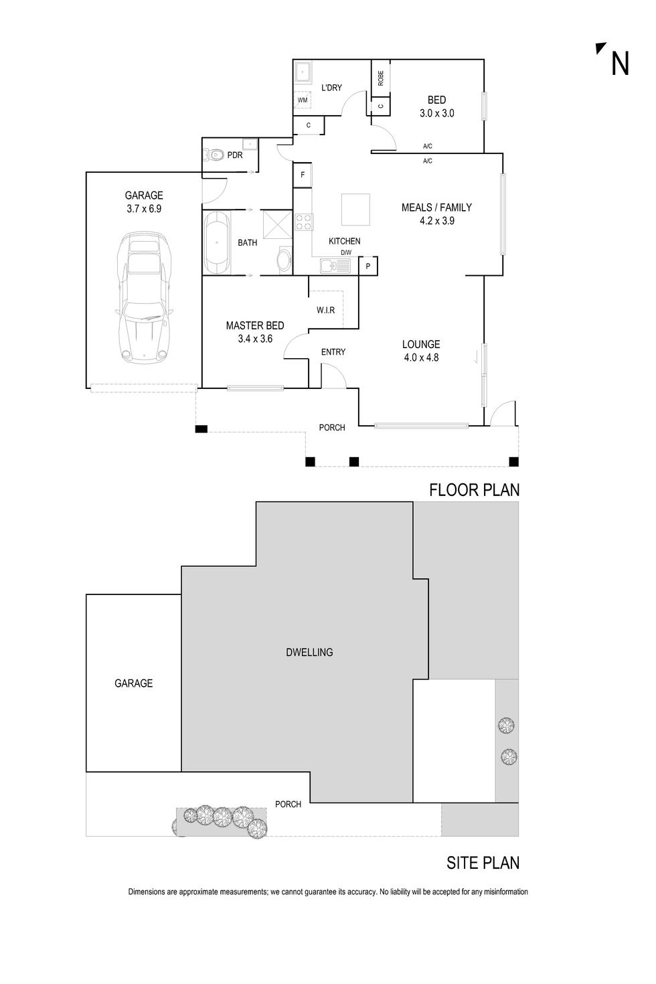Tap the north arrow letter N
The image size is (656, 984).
pyautogui.click(x=620, y=64)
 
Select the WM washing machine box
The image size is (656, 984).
pyautogui.click(x=303, y=100)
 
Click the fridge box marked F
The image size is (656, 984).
pyautogui.click(x=303, y=175)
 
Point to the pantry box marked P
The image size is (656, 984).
pyautogui.click(x=368, y=266)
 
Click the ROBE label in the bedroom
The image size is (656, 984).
pyautogui.click(x=381, y=78)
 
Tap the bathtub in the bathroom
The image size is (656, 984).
pyautogui.click(x=218, y=242)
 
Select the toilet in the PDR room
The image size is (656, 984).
pyautogui.click(x=215, y=155)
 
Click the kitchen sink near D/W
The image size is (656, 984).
pyautogui.click(x=335, y=266)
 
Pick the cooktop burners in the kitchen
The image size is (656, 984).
pyautogui.click(x=303, y=222)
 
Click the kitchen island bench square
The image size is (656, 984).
pyautogui.click(x=355, y=210)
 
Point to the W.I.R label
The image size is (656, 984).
pyautogui.click(x=326, y=311)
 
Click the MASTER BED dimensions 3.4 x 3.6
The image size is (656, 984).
pyautogui.click(x=255, y=339)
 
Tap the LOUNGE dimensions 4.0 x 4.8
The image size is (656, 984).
pyautogui.click(x=421, y=357)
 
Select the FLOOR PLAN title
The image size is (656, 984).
pyautogui.click(x=474, y=490)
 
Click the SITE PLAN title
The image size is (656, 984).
pyautogui.click(x=483, y=864)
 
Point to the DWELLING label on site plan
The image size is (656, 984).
pyautogui.click(x=309, y=652)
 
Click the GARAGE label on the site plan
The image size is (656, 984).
pyautogui.click(x=133, y=683)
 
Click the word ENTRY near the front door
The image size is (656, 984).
pyautogui.click(x=333, y=352)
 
